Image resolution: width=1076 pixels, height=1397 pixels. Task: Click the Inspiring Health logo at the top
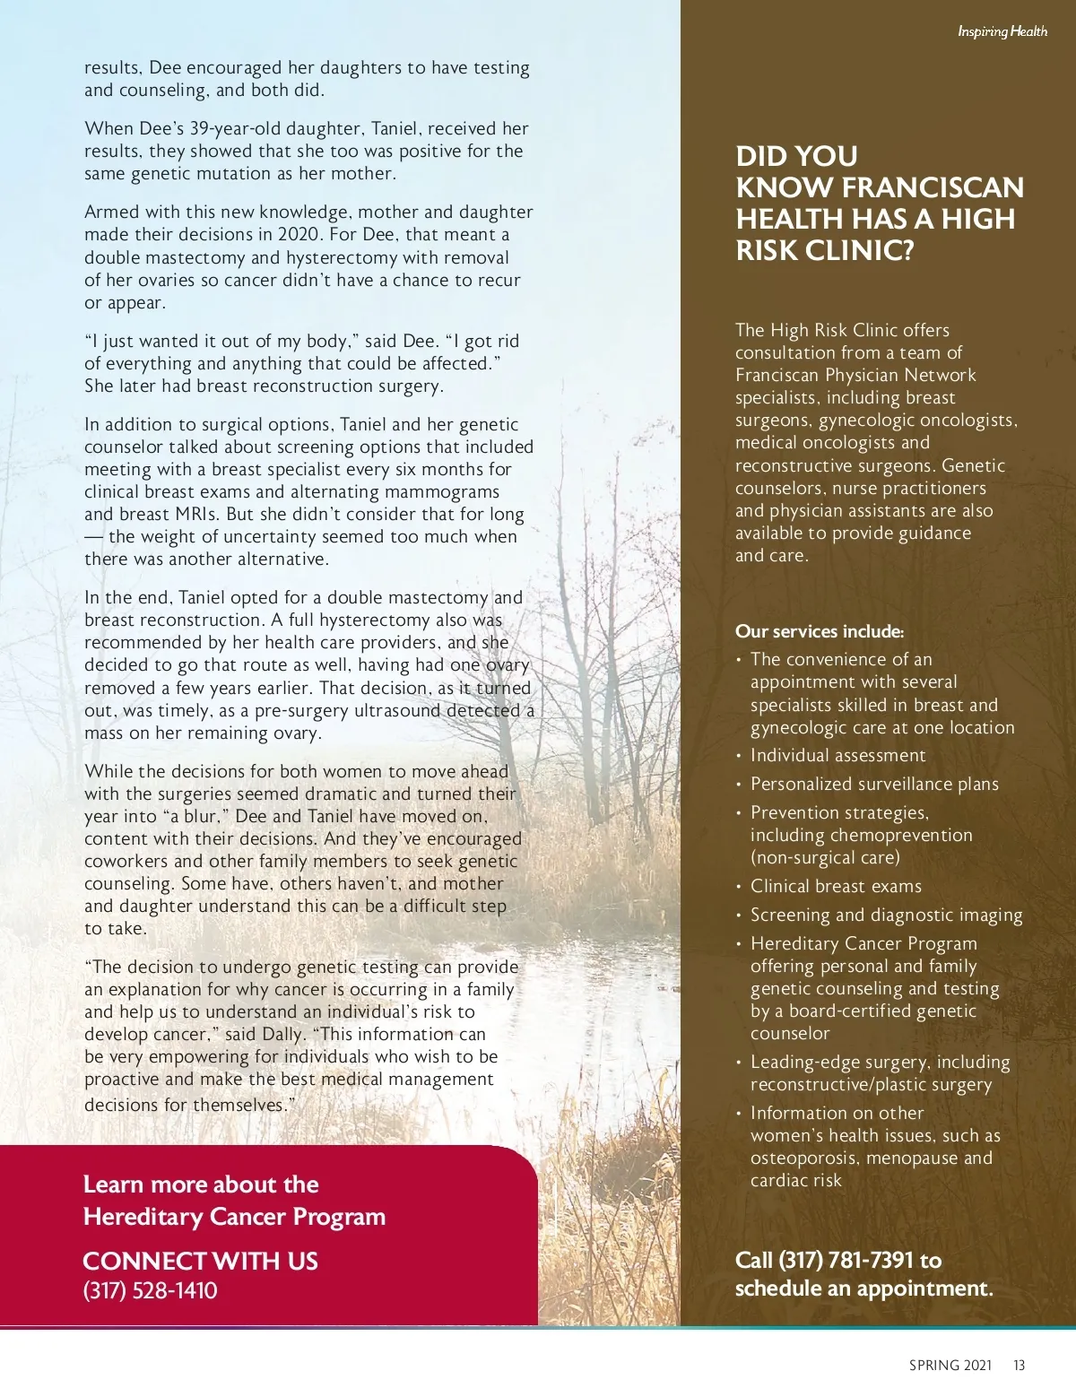(x=1002, y=32)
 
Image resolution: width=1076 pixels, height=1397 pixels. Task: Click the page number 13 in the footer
(x=1019, y=1366)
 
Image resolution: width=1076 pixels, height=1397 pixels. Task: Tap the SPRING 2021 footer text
(x=950, y=1366)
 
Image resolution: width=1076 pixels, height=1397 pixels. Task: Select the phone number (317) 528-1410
(x=150, y=1290)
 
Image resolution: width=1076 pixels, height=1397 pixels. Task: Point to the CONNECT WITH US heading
(x=200, y=1261)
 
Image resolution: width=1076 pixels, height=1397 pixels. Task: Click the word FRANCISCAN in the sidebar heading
(x=933, y=187)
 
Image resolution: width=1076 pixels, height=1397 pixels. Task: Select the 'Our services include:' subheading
(x=820, y=631)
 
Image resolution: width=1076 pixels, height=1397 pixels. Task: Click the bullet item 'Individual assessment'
(x=837, y=756)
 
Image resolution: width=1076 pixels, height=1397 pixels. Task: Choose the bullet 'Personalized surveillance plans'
(x=874, y=784)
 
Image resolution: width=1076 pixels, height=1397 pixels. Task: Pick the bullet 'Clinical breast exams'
(x=836, y=886)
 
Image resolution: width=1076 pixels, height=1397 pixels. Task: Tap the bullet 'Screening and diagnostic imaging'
(x=886, y=915)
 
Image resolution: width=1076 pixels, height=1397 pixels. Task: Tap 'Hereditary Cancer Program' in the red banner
(x=234, y=1217)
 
